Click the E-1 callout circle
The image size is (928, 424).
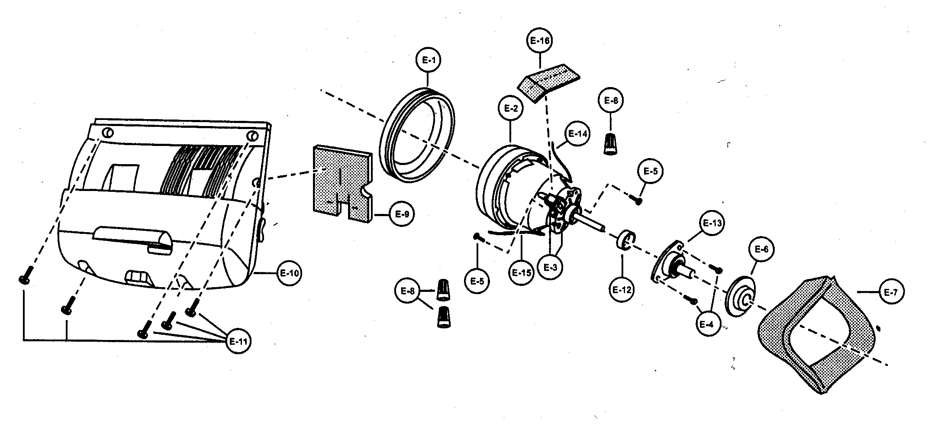428,61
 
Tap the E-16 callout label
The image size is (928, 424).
540,41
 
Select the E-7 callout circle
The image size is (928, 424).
890,293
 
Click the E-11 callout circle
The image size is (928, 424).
238,341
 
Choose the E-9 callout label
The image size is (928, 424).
402,214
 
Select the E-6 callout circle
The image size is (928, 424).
761,249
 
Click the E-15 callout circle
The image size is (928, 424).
521,273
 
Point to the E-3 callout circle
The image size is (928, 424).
550,267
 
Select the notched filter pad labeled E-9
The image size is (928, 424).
342,182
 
